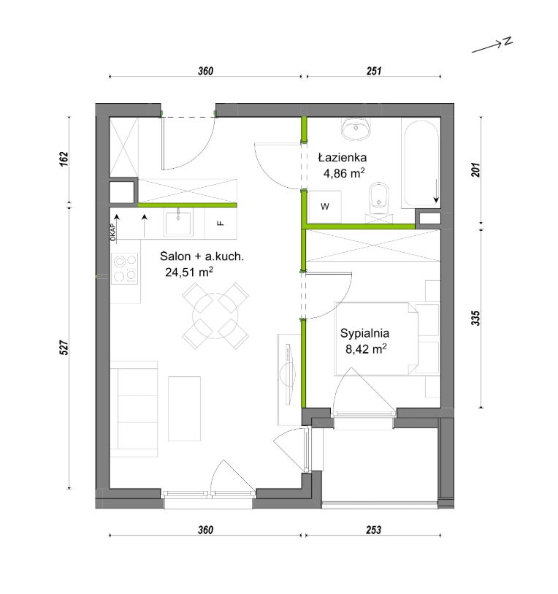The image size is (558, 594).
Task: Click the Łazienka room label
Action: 342,157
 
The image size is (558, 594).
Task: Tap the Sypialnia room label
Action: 364,333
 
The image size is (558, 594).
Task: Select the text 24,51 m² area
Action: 188,272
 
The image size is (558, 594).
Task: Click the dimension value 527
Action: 64,347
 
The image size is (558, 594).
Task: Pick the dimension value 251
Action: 373,71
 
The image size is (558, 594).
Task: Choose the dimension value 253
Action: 373,530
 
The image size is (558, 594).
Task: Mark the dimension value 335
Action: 475,319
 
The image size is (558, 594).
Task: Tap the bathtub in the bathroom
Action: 421,163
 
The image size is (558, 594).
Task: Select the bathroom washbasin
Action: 356,129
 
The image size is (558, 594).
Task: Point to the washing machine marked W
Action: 324,207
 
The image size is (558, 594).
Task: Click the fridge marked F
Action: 221,223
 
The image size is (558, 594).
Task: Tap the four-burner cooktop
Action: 125,268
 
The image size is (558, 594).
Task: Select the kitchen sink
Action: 178,223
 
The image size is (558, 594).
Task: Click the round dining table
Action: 215,316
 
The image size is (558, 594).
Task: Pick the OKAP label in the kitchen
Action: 113,232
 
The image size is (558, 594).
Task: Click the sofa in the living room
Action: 134,408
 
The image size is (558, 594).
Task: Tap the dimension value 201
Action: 475,170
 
